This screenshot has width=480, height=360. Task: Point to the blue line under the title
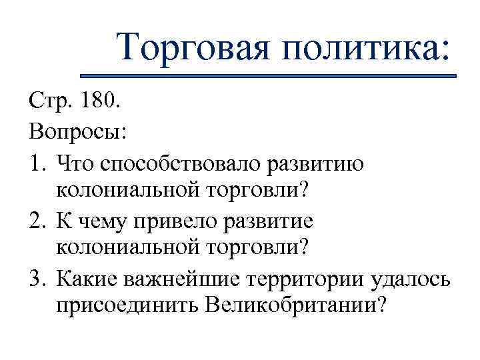pos(267,75)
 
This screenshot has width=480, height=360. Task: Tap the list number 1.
pos(37,163)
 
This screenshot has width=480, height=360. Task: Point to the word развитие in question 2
pos(275,221)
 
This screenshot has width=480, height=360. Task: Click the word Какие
pos(88,278)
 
